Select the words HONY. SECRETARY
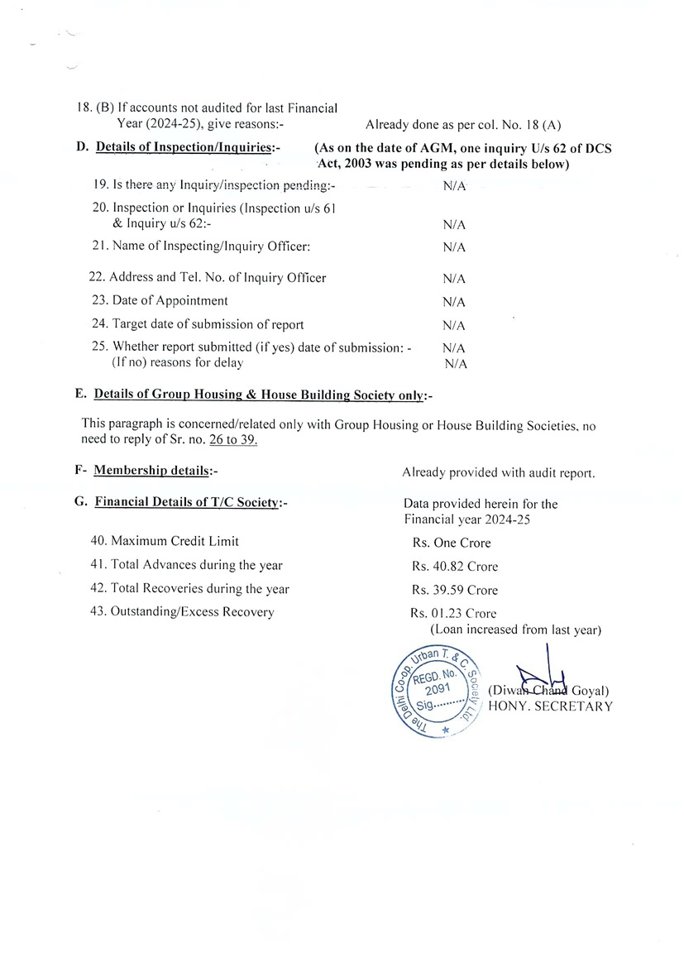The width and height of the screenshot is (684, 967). pyautogui.click(x=550, y=706)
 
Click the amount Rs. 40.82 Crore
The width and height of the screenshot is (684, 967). pyautogui.click(x=454, y=567)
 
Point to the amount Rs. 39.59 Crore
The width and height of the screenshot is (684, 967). pyautogui.click(x=454, y=591)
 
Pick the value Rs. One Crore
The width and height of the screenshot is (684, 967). pyautogui.click(x=451, y=543)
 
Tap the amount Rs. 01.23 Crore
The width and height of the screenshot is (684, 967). pyautogui.click(x=453, y=614)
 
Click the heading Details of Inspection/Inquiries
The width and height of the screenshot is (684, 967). pyautogui.click(x=188, y=147)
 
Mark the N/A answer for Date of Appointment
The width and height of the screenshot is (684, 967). pyautogui.click(x=454, y=302)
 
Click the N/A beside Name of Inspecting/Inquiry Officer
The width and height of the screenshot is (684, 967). pyautogui.click(x=454, y=247)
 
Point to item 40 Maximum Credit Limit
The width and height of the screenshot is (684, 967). pyautogui.click(x=165, y=541)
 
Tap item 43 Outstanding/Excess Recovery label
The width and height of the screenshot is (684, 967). pyautogui.click(x=183, y=612)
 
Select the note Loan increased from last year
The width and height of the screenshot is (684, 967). pyautogui.click(x=514, y=630)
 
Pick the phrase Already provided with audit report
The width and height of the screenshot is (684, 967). pyautogui.click(x=498, y=473)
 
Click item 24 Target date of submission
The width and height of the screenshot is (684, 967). pyautogui.click(x=199, y=324)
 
